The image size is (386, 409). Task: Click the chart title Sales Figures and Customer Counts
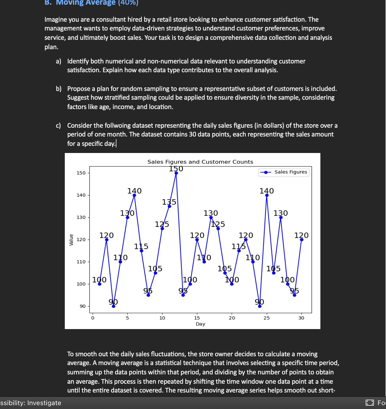point(200,162)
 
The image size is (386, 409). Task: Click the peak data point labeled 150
point(176,173)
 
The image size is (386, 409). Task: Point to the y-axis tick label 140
point(81,195)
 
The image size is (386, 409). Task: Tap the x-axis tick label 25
point(267,318)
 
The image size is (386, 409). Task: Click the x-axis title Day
point(200,324)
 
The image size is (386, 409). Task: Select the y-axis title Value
point(71,240)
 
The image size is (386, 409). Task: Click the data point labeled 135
point(169,206)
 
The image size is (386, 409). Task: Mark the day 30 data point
point(301,240)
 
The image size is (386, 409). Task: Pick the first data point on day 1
point(100,284)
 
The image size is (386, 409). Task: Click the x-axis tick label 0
point(93,318)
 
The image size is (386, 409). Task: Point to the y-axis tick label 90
point(83,306)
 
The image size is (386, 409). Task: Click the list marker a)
point(58,61)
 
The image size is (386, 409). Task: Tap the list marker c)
point(58,126)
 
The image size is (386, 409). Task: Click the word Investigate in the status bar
point(44,403)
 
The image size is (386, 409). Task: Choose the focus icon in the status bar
point(370,403)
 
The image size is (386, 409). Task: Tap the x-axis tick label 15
point(197,318)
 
